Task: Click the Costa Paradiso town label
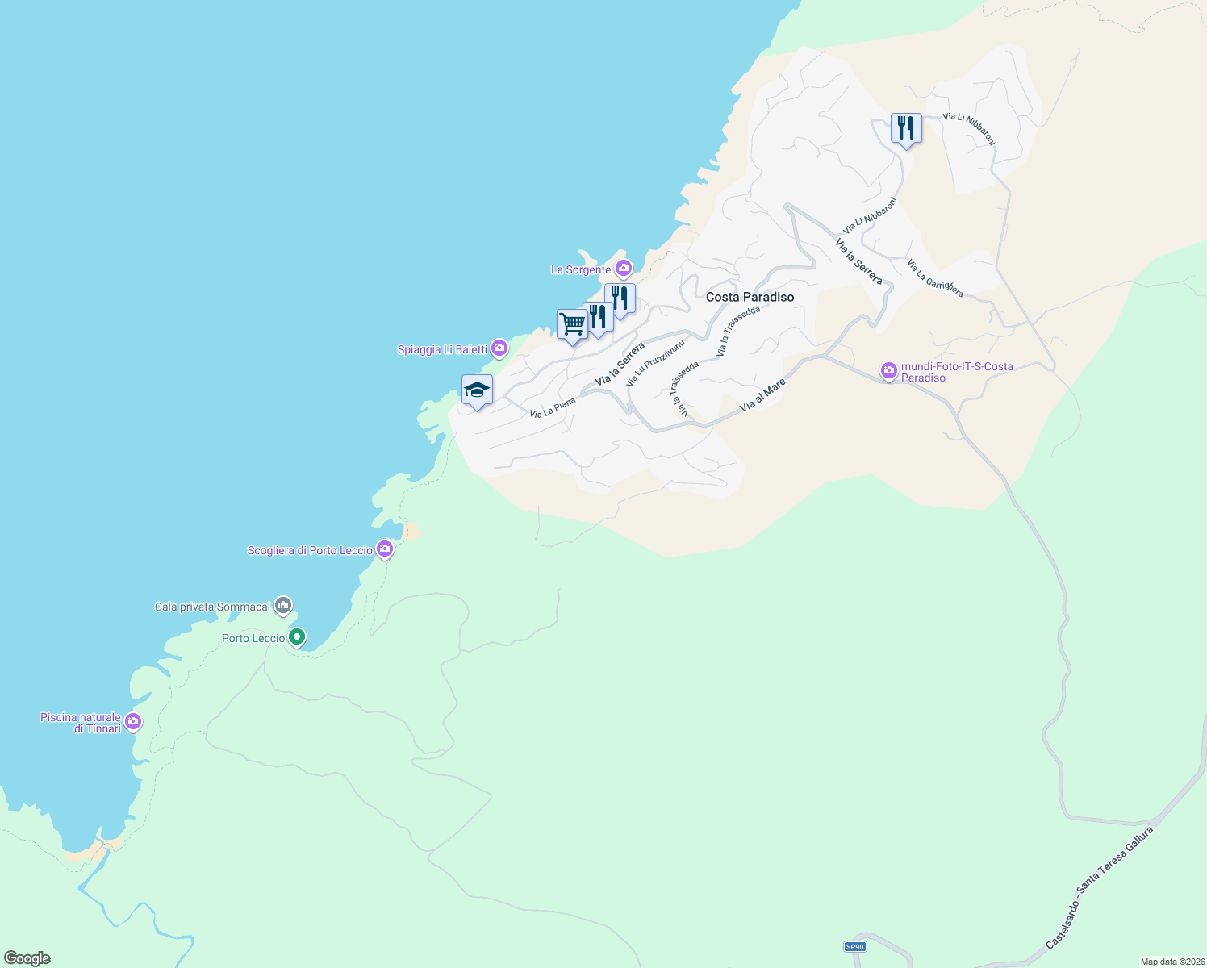pos(750,297)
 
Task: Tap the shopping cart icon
pos(572,324)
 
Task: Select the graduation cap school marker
pos(477,390)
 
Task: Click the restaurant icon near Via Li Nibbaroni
pos(906,128)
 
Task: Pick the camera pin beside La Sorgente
pos(623,269)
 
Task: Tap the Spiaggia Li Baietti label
pos(442,349)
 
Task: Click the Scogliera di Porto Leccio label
pos(310,550)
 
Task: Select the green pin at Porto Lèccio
pos(297,637)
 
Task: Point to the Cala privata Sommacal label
pos(212,607)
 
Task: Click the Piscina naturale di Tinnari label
pos(81,723)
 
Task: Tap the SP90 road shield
pos(854,946)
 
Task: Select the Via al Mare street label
pos(762,396)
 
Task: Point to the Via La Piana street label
pos(553,408)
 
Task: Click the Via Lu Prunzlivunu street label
pos(655,362)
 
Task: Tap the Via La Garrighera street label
pos(934,278)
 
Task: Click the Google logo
pos(27,958)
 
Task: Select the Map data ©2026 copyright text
pos(1171,962)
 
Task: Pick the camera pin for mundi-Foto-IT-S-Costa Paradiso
pos(889,371)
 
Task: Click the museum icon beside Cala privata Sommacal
pos(282,605)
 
